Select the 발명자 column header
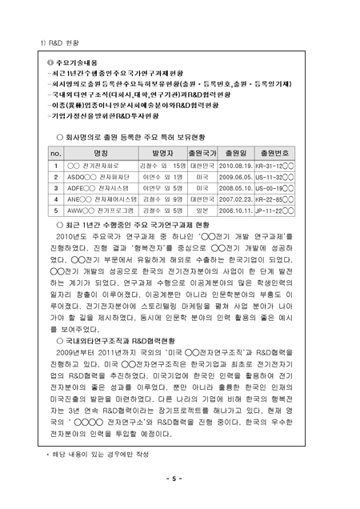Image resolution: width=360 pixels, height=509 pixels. pos(162,151)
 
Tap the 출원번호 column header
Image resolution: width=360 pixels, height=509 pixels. pos(275,151)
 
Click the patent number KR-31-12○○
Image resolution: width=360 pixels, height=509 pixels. pos(275,165)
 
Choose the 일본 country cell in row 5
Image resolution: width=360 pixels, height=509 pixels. pos(202,210)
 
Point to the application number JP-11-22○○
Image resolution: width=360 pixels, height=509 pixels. pos(275,210)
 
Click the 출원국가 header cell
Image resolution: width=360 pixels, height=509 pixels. pos(202,151)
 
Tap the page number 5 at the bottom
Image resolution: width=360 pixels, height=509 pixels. pos(180,479)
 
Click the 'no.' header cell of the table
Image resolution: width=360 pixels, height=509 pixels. pos(56,151)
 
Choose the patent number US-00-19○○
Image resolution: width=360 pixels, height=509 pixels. pos(275,188)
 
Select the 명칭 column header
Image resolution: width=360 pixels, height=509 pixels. pos(101,151)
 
